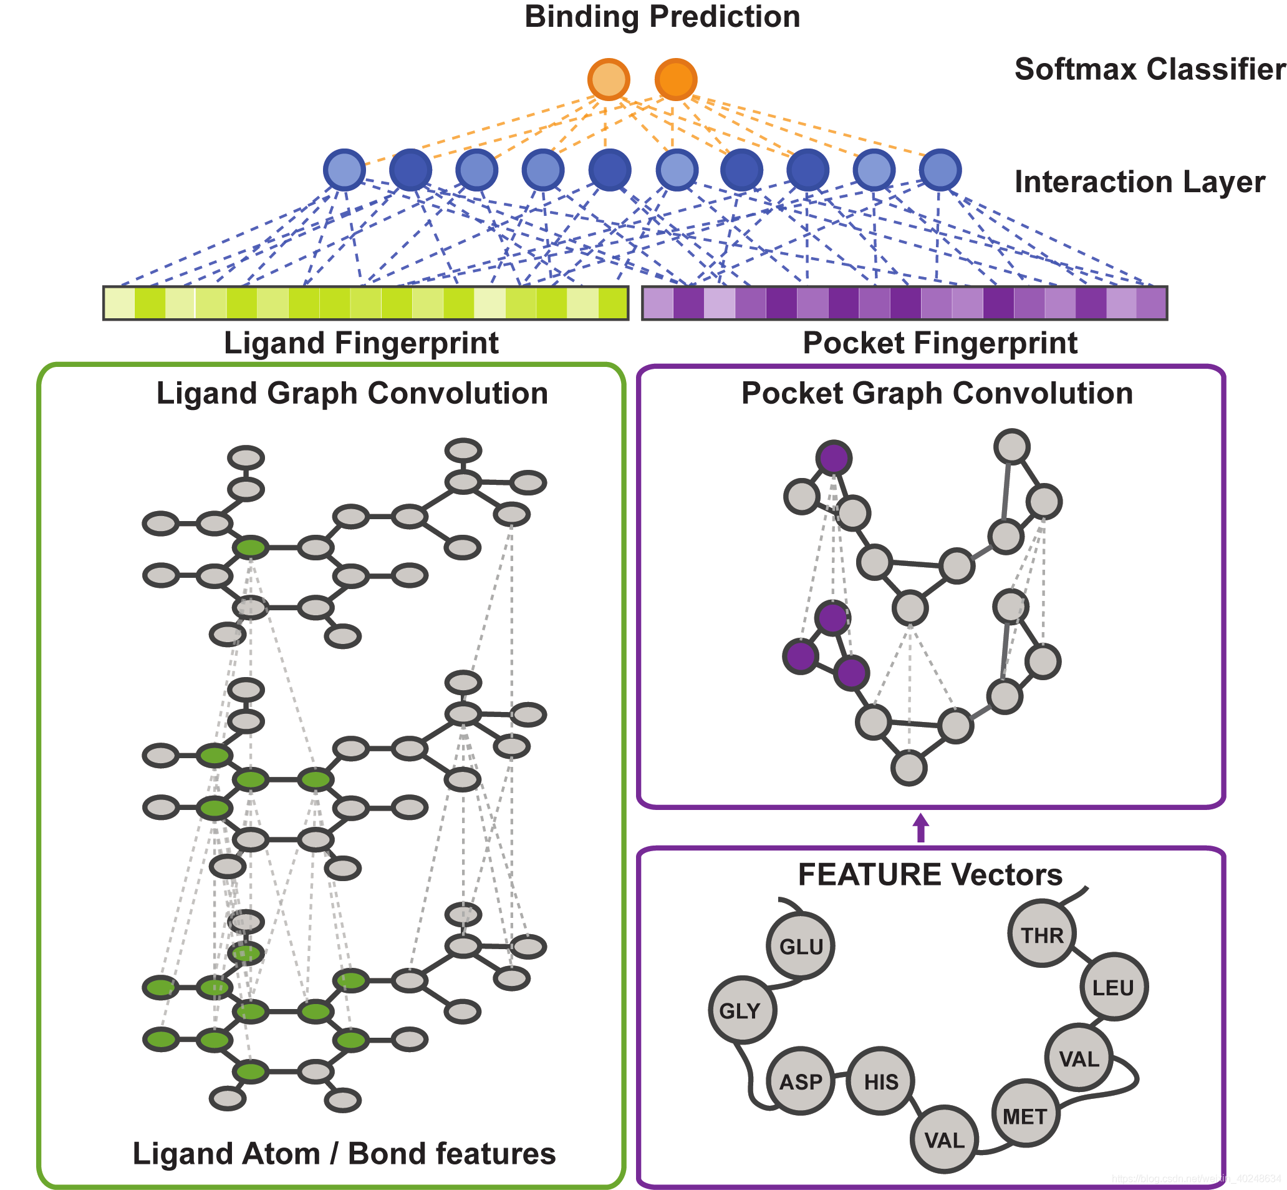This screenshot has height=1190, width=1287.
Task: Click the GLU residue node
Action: point(801,946)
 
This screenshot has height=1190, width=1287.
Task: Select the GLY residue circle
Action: point(743,1010)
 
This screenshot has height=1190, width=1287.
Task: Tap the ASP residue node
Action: point(801,1081)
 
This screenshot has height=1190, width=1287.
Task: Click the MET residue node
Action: point(1025,1116)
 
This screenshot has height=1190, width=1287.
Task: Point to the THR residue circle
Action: point(1042,934)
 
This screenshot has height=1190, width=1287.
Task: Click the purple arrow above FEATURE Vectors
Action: point(921,827)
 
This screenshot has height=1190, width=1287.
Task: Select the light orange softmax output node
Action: point(608,80)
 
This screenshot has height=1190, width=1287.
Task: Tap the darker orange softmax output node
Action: point(676,80)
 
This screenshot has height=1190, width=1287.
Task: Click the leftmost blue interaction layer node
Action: point(344,170)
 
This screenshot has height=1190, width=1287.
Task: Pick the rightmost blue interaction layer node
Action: point(940,170)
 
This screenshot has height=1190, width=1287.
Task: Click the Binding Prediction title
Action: point(662,17)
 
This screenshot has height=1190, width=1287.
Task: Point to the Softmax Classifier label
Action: point(1149,69)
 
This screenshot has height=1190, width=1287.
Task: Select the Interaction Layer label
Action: point(1139,182)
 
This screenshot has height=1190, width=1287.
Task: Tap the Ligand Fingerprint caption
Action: point(361,343)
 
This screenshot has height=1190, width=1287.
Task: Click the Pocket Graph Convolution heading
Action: point(937,394)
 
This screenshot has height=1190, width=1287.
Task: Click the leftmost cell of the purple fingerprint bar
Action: point(658,303)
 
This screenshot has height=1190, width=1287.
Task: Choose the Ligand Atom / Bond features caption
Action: point(344,1153)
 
